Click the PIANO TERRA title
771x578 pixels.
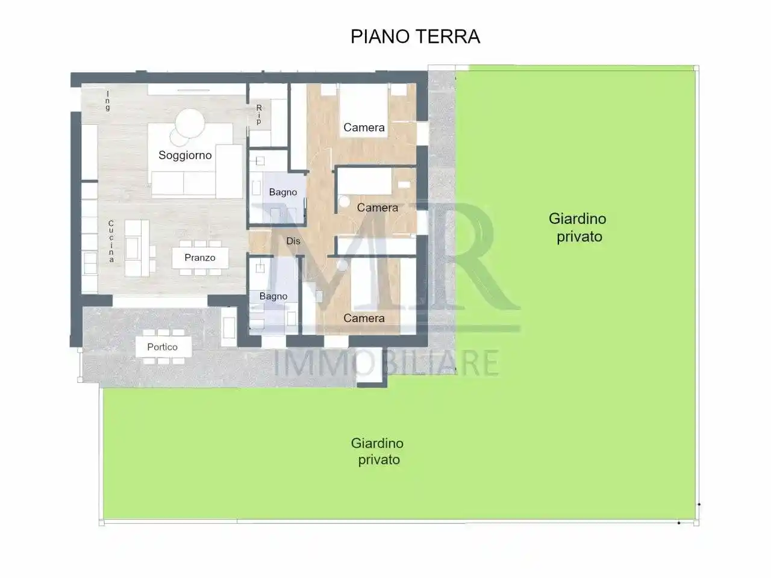415,37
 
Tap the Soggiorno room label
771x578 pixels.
185,155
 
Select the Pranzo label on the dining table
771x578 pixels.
200,258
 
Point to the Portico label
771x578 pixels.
163,347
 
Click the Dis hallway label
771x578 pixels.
293,241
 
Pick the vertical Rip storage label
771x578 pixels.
259,114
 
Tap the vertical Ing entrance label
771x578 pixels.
108,101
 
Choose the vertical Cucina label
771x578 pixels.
111,241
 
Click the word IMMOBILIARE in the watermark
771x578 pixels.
386,363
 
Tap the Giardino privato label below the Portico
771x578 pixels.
378,452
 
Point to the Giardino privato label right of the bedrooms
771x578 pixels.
578,228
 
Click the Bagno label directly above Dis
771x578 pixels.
283,193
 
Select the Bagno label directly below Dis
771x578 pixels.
273,296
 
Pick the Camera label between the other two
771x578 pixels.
378,208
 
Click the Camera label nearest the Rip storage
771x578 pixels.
364,128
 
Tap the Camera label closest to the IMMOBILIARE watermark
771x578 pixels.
364,319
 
